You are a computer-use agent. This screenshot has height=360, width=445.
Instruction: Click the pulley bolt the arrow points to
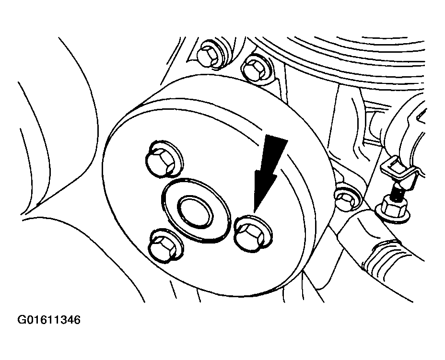pos(252,233)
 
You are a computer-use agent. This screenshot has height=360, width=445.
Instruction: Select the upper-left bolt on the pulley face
pos(164,160)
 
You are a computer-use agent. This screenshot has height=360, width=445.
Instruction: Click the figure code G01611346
pos(49,320)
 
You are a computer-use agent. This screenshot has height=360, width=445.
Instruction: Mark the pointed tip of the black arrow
pos(254,212)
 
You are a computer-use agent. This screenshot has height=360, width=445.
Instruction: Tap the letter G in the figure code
pos(22,320)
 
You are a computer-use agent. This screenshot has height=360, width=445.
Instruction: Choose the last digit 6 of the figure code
pos(77,320)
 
